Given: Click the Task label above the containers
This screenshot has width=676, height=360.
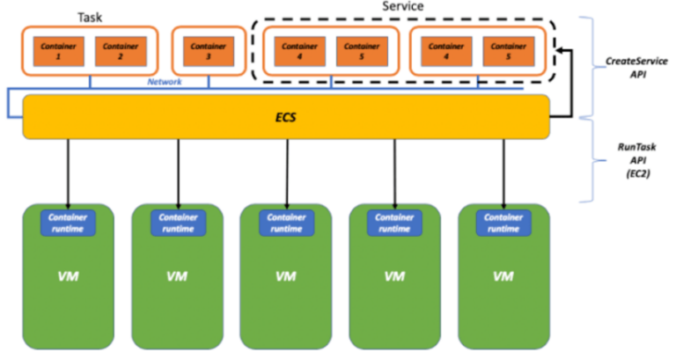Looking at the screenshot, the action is tap(90, 18).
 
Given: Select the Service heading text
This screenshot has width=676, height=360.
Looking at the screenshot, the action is tap(402, 6).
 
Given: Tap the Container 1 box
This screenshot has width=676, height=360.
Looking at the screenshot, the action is tap(59, 51).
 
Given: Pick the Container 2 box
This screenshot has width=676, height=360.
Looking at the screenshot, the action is tap(121, 51).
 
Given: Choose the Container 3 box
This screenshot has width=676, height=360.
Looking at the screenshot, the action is tap(209, 51).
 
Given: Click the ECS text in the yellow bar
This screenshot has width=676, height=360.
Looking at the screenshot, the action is tap(286, 117).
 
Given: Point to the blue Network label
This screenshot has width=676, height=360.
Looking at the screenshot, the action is tap(165, 82).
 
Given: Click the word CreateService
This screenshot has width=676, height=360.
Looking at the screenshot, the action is tap(636, 62).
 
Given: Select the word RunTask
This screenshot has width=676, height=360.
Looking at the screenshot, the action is tap(637, 147).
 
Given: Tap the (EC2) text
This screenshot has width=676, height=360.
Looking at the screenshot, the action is tap(638, 174).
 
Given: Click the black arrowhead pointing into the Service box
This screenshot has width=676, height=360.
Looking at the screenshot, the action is tap(560, 50).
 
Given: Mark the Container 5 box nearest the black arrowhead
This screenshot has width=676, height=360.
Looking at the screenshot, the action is tap(509, 51).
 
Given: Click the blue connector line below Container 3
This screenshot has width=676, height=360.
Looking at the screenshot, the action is tap(209, 82).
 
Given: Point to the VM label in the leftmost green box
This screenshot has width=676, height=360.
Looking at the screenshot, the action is tap(69, 276).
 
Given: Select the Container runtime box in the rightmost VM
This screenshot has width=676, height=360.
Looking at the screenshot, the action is tap(503, 223).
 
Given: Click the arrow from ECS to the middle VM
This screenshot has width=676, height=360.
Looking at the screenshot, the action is tap(287, 173).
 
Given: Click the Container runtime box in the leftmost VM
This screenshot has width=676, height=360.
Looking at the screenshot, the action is tap(68, 223).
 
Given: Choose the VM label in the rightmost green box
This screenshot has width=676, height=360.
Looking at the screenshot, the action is tap(503, 276).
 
